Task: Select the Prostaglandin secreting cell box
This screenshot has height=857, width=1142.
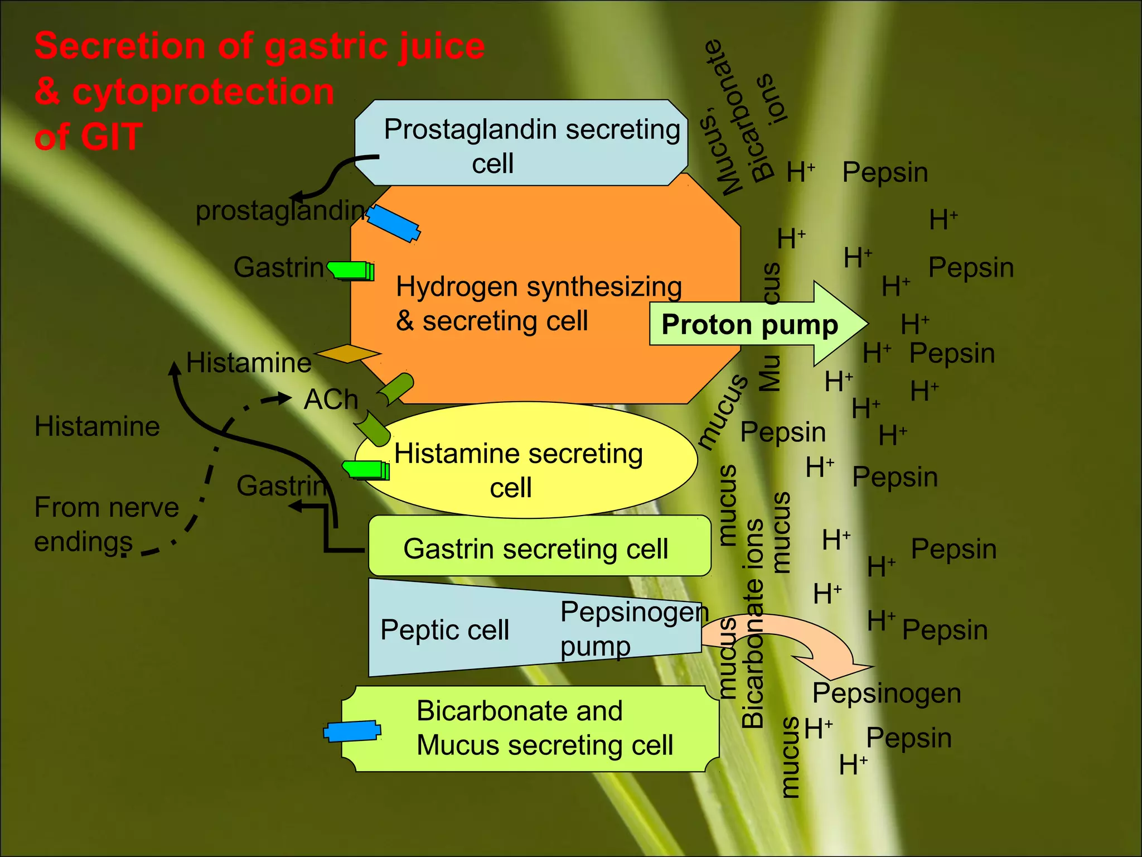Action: [521, 143]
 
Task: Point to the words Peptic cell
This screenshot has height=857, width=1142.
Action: [444, 630]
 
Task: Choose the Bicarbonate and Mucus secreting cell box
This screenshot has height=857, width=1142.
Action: [530, 728]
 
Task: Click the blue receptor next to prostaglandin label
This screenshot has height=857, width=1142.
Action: [393, 224]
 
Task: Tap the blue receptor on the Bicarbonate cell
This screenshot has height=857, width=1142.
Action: [352, 731]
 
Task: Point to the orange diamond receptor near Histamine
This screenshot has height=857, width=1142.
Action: [347, 354]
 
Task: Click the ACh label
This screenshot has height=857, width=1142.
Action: [331, 399]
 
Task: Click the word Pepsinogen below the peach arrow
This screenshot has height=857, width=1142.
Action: [887, 694]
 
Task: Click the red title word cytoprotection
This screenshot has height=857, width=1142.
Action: [204, 92]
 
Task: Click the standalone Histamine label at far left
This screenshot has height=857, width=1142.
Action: [97, 426]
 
